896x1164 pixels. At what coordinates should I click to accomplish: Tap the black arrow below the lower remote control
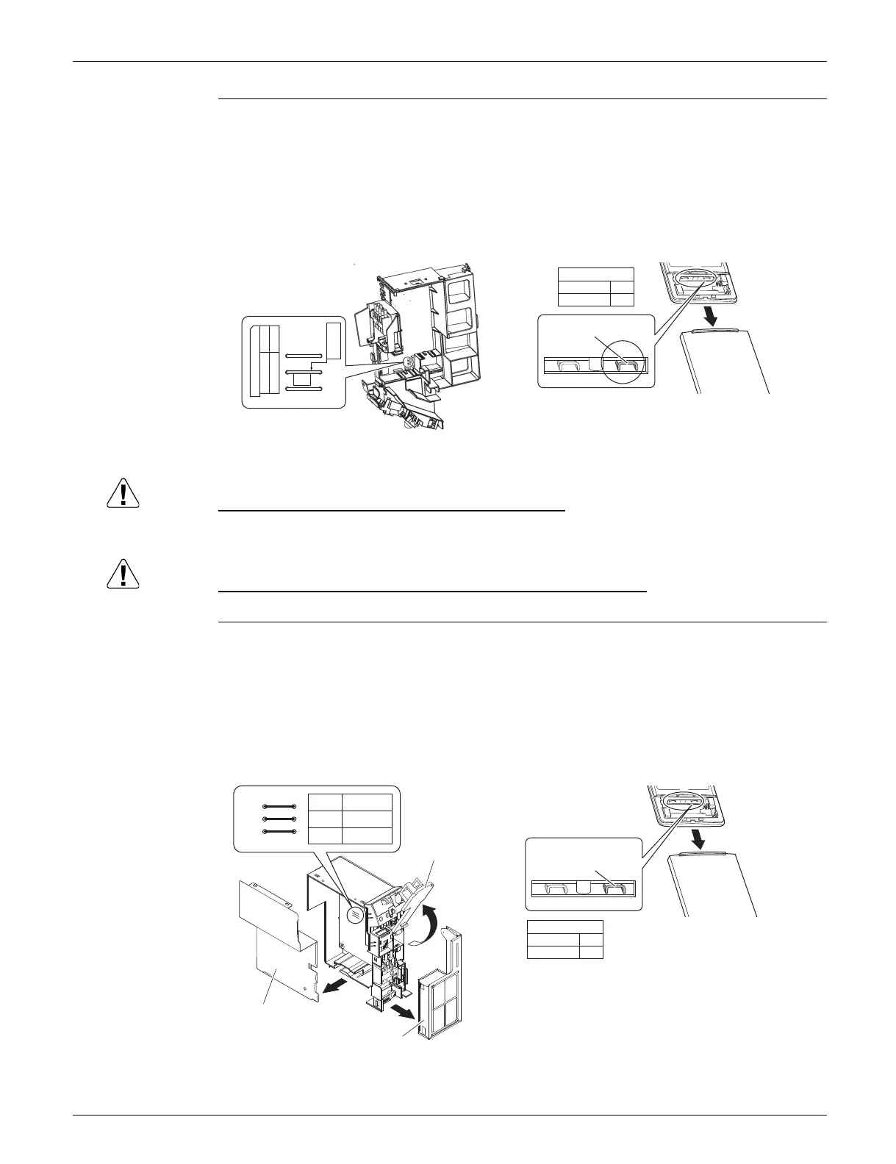703,838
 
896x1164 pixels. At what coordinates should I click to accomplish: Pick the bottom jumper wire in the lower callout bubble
279,831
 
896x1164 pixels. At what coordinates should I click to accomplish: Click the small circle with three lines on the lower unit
355,912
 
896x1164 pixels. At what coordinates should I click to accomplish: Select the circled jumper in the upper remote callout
625,365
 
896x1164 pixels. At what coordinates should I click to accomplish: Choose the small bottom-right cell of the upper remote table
622,299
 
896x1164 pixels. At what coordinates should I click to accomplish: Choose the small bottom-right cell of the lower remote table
591,952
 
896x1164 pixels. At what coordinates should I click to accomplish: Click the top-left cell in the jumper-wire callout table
325,802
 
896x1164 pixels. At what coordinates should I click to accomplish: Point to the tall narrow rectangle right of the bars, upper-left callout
334,339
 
